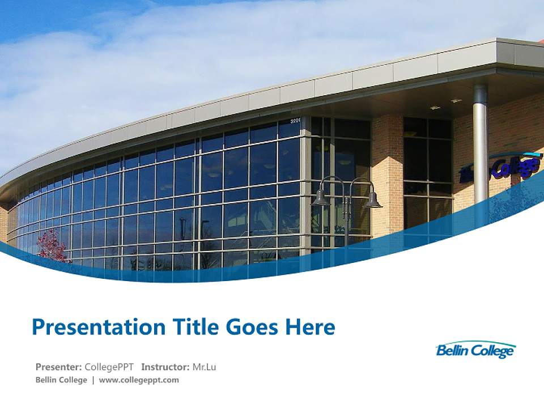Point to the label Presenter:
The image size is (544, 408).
tap(58, 367)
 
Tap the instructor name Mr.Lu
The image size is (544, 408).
tap(204, 367)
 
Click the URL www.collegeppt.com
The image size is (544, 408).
tap(139, 380)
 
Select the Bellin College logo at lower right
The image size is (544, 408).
tap(475, 350)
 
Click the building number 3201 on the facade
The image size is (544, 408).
tap(295, 121)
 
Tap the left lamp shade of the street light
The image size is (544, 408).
tap(321, 199)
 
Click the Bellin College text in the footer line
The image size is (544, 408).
tap(61, 380)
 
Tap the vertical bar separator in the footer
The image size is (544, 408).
tap(93, 380)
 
